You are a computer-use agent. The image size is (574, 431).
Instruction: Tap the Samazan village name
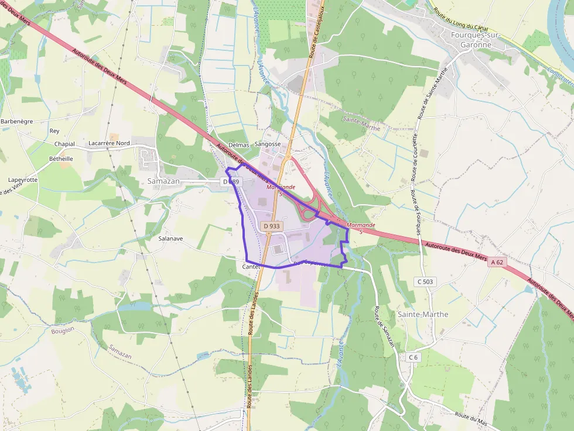pos(163,181)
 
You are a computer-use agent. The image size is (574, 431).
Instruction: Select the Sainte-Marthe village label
pos(423,314)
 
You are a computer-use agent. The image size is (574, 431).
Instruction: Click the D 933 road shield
pos(272,226)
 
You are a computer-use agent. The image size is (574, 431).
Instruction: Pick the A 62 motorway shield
pos(497,263)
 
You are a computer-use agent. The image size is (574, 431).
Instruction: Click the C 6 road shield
pos(413,357)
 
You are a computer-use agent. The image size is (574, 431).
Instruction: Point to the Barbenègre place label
pos(17,121)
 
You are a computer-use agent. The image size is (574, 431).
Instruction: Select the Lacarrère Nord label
pos(109,143)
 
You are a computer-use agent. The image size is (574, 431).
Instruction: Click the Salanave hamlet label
pos(171,239)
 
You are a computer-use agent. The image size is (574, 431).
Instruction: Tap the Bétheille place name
pos(61,158)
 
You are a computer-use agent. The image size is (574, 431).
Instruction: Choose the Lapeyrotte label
pos(23,180)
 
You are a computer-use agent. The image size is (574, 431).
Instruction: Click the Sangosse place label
pos(268,144)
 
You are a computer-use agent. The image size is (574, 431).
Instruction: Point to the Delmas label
pos(238,144)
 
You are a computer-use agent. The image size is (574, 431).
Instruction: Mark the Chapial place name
pos(64,144)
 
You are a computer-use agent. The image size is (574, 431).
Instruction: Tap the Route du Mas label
pos(470,417)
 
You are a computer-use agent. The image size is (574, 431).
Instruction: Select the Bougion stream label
pos(63,330)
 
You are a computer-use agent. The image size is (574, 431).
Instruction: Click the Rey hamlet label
pos(54,131)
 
